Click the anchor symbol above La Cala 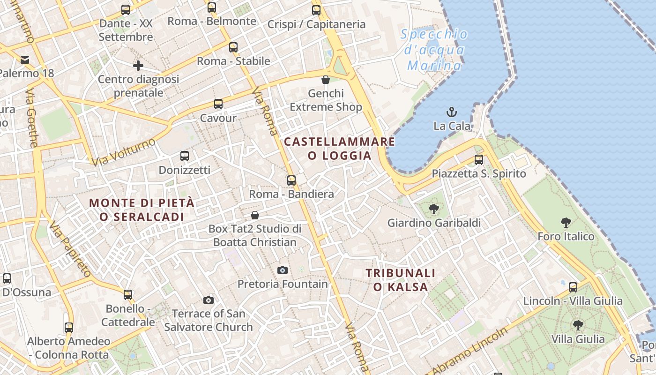[x=452, y=112]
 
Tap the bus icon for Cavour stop [x=218, y=104]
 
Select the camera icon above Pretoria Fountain [x=282, y=270]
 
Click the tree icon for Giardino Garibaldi [x=434, y=209]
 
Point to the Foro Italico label [x=566, y=236]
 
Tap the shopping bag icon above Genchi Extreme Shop [x=326, y=80]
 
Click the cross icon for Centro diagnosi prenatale [x=138, y=66]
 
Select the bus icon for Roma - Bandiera [x=291, y=180]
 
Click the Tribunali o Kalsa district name [x=401, y=280]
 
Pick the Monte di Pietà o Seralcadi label [x=142, y=210]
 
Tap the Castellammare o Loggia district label [x=340, y=148]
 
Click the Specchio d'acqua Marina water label [x=434, y=50]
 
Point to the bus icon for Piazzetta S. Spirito [x=478, y=160]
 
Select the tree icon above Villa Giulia [x=578, y=325]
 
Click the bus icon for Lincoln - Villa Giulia [x=573, y=287]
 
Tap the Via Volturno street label [x=124, y=152]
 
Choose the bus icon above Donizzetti [x=185, y=156]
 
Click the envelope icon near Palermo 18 [x=25, y=60]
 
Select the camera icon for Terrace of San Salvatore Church [x=209, y=300]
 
